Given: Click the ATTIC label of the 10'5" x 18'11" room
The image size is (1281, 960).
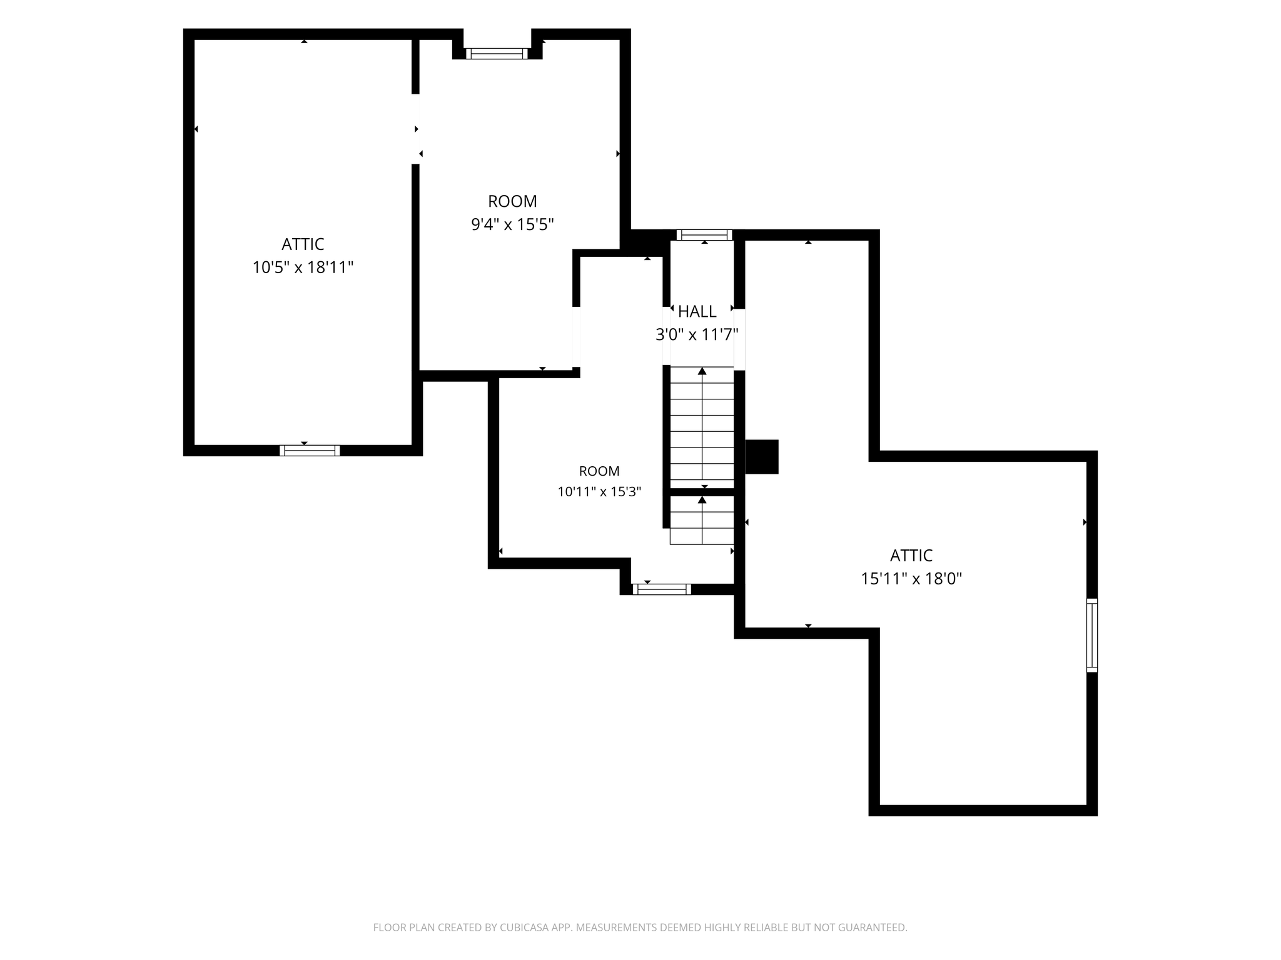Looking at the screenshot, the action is tap(303, 244).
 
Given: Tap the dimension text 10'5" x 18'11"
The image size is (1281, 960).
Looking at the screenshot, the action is tap(303, 267).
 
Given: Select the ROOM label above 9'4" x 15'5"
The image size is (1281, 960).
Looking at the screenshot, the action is tap(512, 201).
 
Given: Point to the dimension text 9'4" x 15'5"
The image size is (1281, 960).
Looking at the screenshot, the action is tap(512, 224).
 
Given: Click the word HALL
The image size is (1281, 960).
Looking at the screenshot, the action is tap(697, 311).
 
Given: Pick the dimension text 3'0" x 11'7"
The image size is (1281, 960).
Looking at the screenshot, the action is tap(697, 335).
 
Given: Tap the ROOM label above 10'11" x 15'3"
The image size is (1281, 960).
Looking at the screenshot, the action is tap(599, 471).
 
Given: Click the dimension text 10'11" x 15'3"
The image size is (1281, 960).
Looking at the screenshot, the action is tap(599, 492).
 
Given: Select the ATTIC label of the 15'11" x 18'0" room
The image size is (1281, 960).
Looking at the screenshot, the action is tap(911, 555).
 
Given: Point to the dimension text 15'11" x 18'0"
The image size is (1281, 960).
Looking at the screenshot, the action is tap(911, 579).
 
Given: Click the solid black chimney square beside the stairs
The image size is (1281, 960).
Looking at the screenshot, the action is tap(762, 457).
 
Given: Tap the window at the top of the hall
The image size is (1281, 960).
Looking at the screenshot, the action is tap(704, 235).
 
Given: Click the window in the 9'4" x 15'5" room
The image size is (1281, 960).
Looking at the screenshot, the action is tap(497, 54).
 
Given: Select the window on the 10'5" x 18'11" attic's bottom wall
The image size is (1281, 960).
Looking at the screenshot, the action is tap(310, 451).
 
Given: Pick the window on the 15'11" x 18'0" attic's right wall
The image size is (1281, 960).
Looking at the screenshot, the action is tap(1092, 635).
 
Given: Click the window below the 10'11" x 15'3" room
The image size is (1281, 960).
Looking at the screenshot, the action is tap(662, 589).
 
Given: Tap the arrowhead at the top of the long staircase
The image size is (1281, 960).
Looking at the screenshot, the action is tap(702, 371).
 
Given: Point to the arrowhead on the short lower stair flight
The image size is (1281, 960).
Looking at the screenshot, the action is tap(702, 499).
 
